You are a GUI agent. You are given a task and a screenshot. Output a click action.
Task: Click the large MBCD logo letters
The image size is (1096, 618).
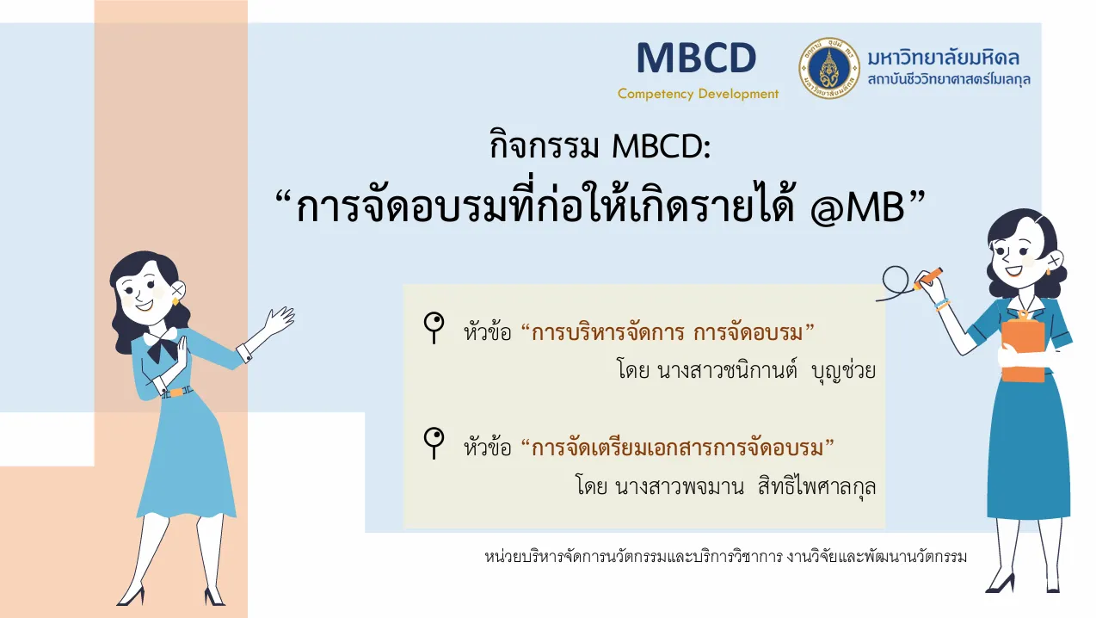697,58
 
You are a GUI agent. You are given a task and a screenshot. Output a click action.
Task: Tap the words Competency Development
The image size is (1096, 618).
698,94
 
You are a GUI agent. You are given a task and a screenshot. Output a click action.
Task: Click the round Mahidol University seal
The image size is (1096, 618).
829,68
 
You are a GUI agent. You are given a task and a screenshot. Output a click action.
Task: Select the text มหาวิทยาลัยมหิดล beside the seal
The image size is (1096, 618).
944,58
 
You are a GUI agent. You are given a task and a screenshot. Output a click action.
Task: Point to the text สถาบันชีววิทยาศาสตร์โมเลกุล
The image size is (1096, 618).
949,79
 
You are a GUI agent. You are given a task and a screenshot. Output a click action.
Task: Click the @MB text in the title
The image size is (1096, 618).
856,207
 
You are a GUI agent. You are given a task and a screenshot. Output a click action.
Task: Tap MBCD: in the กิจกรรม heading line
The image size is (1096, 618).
661,146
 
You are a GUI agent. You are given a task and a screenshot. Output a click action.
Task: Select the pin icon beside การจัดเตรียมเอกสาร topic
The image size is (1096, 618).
434,443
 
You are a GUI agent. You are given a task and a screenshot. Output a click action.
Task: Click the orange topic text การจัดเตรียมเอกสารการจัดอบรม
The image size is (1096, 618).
678,448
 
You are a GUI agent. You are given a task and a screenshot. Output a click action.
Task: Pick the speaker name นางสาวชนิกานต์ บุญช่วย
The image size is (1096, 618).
767,370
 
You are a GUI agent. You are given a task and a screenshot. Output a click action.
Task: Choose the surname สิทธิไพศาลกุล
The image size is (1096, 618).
816,485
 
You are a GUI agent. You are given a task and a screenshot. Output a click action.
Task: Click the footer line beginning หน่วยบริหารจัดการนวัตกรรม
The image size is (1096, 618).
725,557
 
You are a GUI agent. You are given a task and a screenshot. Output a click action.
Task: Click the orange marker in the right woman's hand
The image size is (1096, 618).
928,278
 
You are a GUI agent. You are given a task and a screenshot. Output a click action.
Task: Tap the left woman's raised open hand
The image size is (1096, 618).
279,320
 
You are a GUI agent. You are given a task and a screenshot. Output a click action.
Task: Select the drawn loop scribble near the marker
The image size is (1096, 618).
896,283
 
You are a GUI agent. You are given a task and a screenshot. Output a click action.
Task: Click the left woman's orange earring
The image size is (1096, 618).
175,301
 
